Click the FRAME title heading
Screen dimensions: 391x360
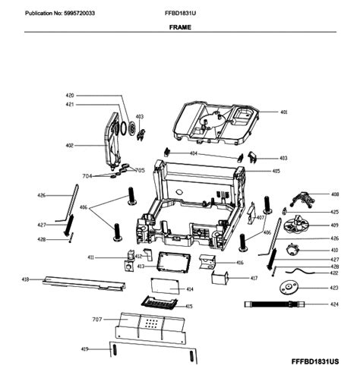[x=179, y=27]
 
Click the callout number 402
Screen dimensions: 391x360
[x=68, y=146]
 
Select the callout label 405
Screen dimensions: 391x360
[x=276, y=172]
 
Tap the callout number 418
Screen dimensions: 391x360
[x=25, y=279]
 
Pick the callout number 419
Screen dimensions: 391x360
[x=85, y=348]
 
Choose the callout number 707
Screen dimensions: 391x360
[x=96, y=320]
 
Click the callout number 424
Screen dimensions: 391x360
[x=334, y=304]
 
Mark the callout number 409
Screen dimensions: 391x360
[x=334, y=225]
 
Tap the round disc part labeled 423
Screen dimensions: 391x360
[x=289, y=289]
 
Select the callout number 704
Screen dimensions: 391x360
[x=87, y=175]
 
